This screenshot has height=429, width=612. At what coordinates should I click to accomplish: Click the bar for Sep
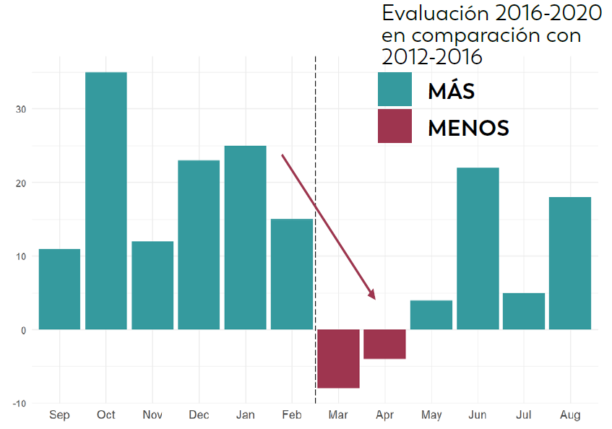click(x=59, y=289)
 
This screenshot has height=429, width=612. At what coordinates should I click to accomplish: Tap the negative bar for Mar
click(x=338, y=358)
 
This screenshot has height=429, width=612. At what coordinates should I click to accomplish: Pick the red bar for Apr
click(x=384, y=344)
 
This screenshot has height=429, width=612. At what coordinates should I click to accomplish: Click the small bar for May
click(x=431, y=315)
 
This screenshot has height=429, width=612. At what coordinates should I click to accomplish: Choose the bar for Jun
click(x=478, y=248)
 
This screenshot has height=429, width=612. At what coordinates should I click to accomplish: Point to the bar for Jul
click(x=524, y=311)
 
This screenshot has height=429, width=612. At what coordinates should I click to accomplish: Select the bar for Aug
click(x=570, y=263)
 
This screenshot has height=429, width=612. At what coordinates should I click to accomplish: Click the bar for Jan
click(x=245, y=238)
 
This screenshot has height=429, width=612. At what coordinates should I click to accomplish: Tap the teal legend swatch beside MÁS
click(x=395, y=90)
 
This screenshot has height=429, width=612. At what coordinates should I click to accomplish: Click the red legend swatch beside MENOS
click(x=395, y=126)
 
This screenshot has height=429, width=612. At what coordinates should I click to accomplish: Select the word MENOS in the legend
click(x=468, y=128)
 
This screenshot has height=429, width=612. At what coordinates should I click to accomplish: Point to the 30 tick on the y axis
click(x=22, y=109)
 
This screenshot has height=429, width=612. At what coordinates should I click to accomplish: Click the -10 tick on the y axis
click(x=20, y=403)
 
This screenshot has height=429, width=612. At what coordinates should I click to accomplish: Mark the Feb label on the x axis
click(x=291, y=415)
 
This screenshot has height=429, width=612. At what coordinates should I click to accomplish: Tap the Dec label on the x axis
click(x=199, y=415)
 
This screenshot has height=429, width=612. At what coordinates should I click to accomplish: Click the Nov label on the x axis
click(x=152, y=415)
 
